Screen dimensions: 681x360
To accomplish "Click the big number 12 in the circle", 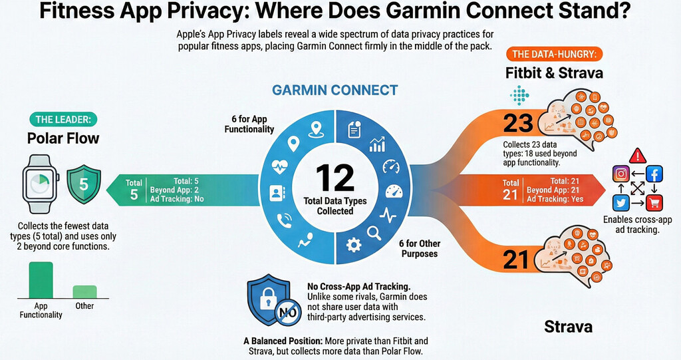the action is point(335,178).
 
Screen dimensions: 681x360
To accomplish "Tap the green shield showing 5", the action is point(84,184).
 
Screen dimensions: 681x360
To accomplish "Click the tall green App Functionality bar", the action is point(41,280).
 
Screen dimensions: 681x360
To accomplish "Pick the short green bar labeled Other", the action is point(84,291).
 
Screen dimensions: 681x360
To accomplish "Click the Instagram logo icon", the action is point(621,174).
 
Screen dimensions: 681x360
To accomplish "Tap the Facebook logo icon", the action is point(654,174).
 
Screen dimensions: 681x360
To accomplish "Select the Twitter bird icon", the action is point(621,203).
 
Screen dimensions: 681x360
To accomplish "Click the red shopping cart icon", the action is point(654,203).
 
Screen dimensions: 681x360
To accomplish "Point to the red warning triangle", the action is point(638,156).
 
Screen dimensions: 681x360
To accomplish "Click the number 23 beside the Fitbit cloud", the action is point(518,124).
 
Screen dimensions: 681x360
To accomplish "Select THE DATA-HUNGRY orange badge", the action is point(554,55).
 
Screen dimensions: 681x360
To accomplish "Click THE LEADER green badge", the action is point(63,120).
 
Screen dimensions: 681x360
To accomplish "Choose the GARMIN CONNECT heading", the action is point(335,90).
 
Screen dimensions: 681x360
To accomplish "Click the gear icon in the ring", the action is point(354,245).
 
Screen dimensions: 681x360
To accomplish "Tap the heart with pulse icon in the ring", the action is point(279,166).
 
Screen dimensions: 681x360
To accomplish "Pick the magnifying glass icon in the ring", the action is point(374,233).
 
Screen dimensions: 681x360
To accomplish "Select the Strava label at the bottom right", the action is point(568,327).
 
